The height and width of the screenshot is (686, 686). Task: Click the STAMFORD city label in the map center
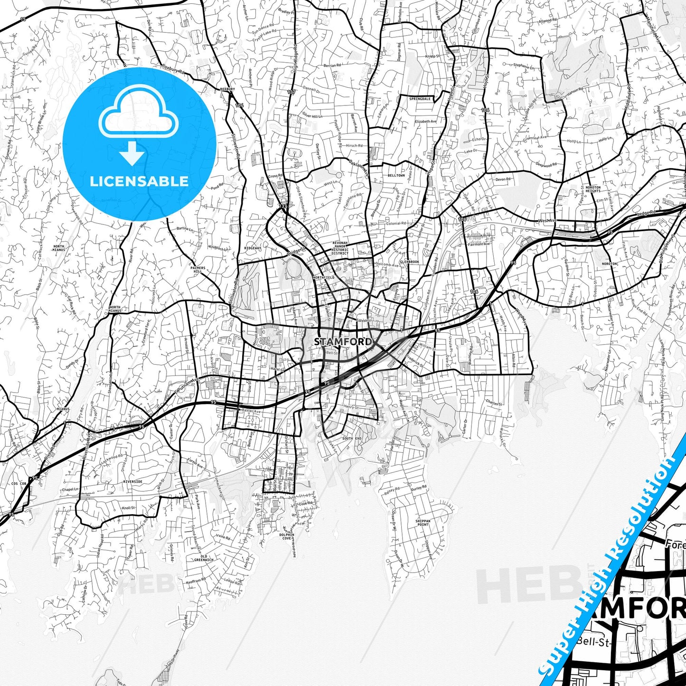pyautogui.click(x=343, y=341)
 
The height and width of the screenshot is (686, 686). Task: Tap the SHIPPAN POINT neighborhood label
pyautogui.click(x=423, y=523)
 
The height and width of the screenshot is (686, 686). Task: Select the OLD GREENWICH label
pyautogui.click(x=204, y=558)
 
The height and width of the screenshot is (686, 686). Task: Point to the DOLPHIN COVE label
pyautogui.click(x=287, y=536)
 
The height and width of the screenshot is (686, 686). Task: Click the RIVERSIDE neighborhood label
pyautogui.click(x=132, y=481)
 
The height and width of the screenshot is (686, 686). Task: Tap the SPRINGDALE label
pyautogui.click(x=420, y=99)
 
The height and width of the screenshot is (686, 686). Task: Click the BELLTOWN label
pyautogui.click(x=396, y=176)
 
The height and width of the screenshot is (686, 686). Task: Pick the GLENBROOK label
pyautogui.click(x=409, y=262)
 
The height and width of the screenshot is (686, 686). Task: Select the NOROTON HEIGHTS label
pyautogui.click(x=593, y=189)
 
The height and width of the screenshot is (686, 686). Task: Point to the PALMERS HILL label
pyautogui.click(x=198, y=270)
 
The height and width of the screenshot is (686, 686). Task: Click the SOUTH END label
pyautogui.click(x=352, y=438)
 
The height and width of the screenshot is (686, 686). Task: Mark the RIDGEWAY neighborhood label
pyautogui.click(x=253, y=248)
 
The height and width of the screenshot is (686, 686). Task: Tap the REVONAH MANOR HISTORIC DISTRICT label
pyautogui.click(x=340, y=248)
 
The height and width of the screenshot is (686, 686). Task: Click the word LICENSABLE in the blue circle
pyautogui.click(x=139, y=181)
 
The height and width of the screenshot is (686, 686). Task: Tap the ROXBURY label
pyautogui.click(x=227, y=89)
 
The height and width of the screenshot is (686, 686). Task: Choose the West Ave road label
pyautogui.click(x=547, y=221)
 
